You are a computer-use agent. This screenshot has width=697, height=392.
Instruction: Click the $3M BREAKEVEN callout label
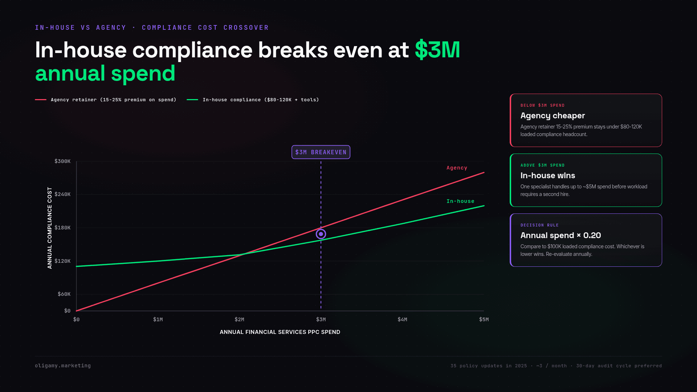(x=321, y=152)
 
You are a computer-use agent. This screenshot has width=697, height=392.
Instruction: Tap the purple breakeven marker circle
(x=321, y=234)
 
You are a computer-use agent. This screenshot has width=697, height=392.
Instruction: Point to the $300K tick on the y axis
(x=62, y=161)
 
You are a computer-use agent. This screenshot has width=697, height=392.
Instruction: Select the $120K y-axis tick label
(x=62, y=261)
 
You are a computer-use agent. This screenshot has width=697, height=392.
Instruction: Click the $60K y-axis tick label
(x=64, y=294)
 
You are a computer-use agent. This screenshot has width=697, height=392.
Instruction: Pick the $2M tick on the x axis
(x=239, y=319)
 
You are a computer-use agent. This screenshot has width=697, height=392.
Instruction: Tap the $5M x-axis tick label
(x=484, y=319)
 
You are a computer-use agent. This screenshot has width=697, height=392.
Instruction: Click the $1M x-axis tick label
(x=158, y=319)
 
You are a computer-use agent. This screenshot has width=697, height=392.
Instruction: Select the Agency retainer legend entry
(x=106, y=100)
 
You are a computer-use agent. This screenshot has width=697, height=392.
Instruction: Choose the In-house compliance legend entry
(x=253, y=100)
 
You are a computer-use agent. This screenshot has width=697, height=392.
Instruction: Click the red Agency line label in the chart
(x=457, y=168)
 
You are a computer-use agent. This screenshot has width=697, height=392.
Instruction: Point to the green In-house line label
(x=460, y=201)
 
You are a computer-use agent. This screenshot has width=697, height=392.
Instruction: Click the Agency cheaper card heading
(x=553, y=116)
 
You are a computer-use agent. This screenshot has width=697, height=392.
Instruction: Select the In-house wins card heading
(x=548, y=176)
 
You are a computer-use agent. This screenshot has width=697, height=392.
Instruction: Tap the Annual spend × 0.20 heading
(x=561, y=236)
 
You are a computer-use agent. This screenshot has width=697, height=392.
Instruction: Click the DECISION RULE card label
(x=539, y=225)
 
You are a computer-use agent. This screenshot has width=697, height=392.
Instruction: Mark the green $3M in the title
(x=437, y=50)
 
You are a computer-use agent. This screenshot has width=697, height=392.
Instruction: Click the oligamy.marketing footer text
(x=63, y=366)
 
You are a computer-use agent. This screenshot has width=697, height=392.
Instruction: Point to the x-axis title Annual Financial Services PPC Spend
(x=280, y=332)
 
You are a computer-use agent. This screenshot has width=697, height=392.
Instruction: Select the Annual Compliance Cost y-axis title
(x=50, y=228)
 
